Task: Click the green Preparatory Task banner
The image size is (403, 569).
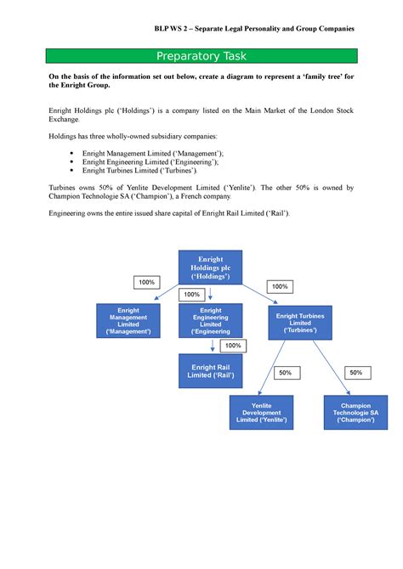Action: click(x=201, y=57)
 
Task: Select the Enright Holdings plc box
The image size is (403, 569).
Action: click(x=208, y=268)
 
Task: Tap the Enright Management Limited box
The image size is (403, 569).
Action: click(x=128, y=321)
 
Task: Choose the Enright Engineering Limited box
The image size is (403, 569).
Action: click(x=210, y=321)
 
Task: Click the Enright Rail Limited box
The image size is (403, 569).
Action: click(x=210, y=370)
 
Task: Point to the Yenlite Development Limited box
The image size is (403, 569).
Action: click(x=262, y=411)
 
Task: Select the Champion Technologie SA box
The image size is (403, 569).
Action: click(x=356, y=411)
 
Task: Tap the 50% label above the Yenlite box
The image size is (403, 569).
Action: click(x=284, y=373)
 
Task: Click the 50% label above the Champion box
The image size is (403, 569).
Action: click(x=355, y=373)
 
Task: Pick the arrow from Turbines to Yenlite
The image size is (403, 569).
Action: click(x=275, y=367)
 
